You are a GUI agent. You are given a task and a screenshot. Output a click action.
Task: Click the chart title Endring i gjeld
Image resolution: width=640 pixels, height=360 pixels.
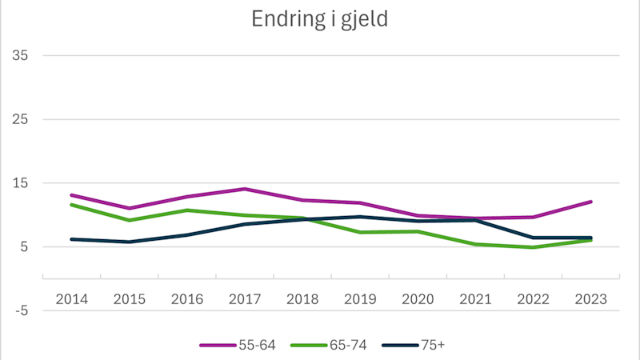point(320,20)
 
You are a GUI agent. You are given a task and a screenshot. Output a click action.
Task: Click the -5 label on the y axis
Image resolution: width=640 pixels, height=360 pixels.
point(20,310)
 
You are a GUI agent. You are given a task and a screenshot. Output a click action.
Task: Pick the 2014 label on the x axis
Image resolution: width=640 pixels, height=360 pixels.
point(72,298)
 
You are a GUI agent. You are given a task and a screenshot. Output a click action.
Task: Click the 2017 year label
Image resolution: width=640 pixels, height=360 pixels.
point(245,298)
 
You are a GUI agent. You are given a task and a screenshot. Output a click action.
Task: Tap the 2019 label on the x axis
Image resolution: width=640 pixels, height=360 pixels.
point(360,298)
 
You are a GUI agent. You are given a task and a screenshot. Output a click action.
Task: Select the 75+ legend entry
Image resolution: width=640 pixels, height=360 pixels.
point(418,345)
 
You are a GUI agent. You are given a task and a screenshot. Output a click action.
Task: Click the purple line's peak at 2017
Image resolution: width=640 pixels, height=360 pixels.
point(245,189)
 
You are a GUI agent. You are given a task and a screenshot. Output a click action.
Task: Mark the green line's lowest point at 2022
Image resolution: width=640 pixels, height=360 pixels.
point(533,247)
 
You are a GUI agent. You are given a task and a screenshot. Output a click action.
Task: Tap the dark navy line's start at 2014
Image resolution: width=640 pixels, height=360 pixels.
point(72,239)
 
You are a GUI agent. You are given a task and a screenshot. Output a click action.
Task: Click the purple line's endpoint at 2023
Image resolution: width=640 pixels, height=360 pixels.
point(590,202)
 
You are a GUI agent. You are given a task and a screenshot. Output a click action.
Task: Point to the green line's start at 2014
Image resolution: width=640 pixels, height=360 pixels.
point(72,205)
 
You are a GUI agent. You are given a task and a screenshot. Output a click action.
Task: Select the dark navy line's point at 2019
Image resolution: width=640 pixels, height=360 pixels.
point(360,217)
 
